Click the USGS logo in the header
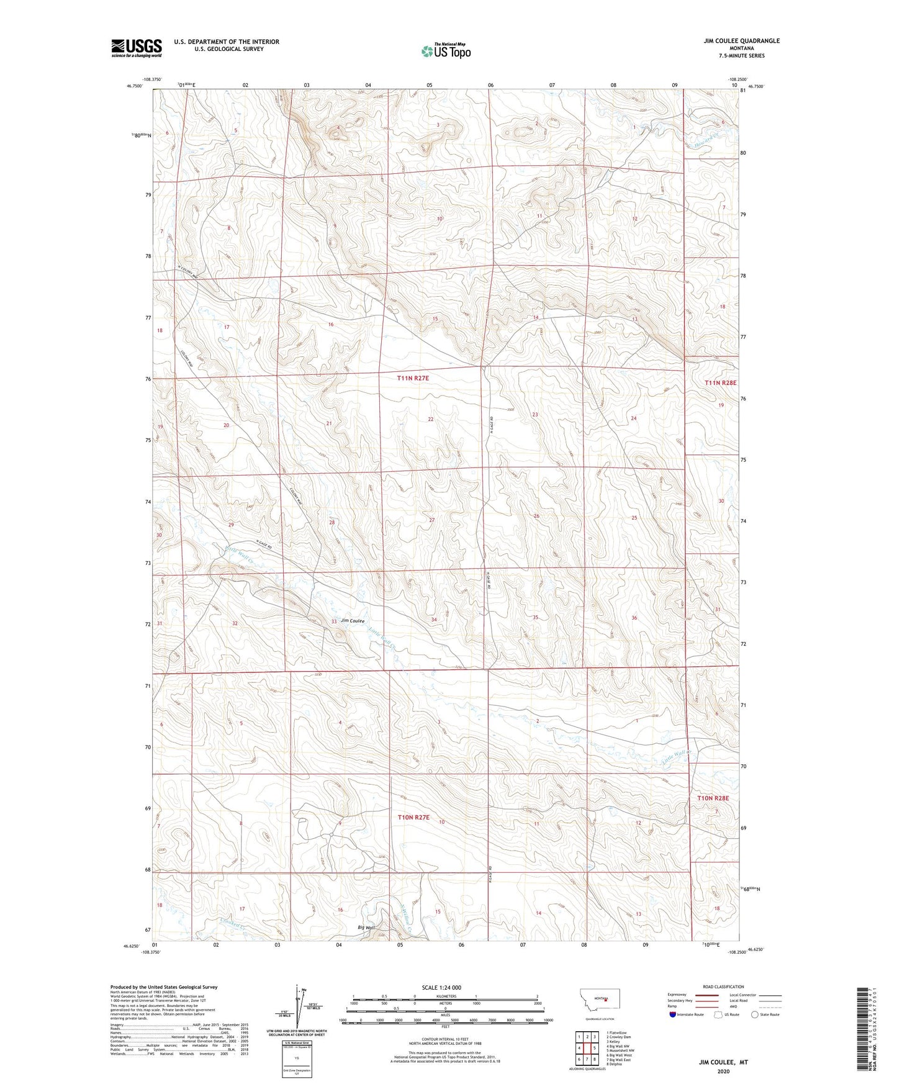136,48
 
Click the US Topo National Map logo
446,50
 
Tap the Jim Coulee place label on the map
352,620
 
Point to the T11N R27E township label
413,377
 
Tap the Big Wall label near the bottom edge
366,928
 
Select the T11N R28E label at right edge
720,383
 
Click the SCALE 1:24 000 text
441,987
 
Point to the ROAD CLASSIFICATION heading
723,987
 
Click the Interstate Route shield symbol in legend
673,1014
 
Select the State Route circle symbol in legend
755,1014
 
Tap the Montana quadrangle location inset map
599,1003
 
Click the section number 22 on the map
430,420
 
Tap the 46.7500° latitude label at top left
134,86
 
